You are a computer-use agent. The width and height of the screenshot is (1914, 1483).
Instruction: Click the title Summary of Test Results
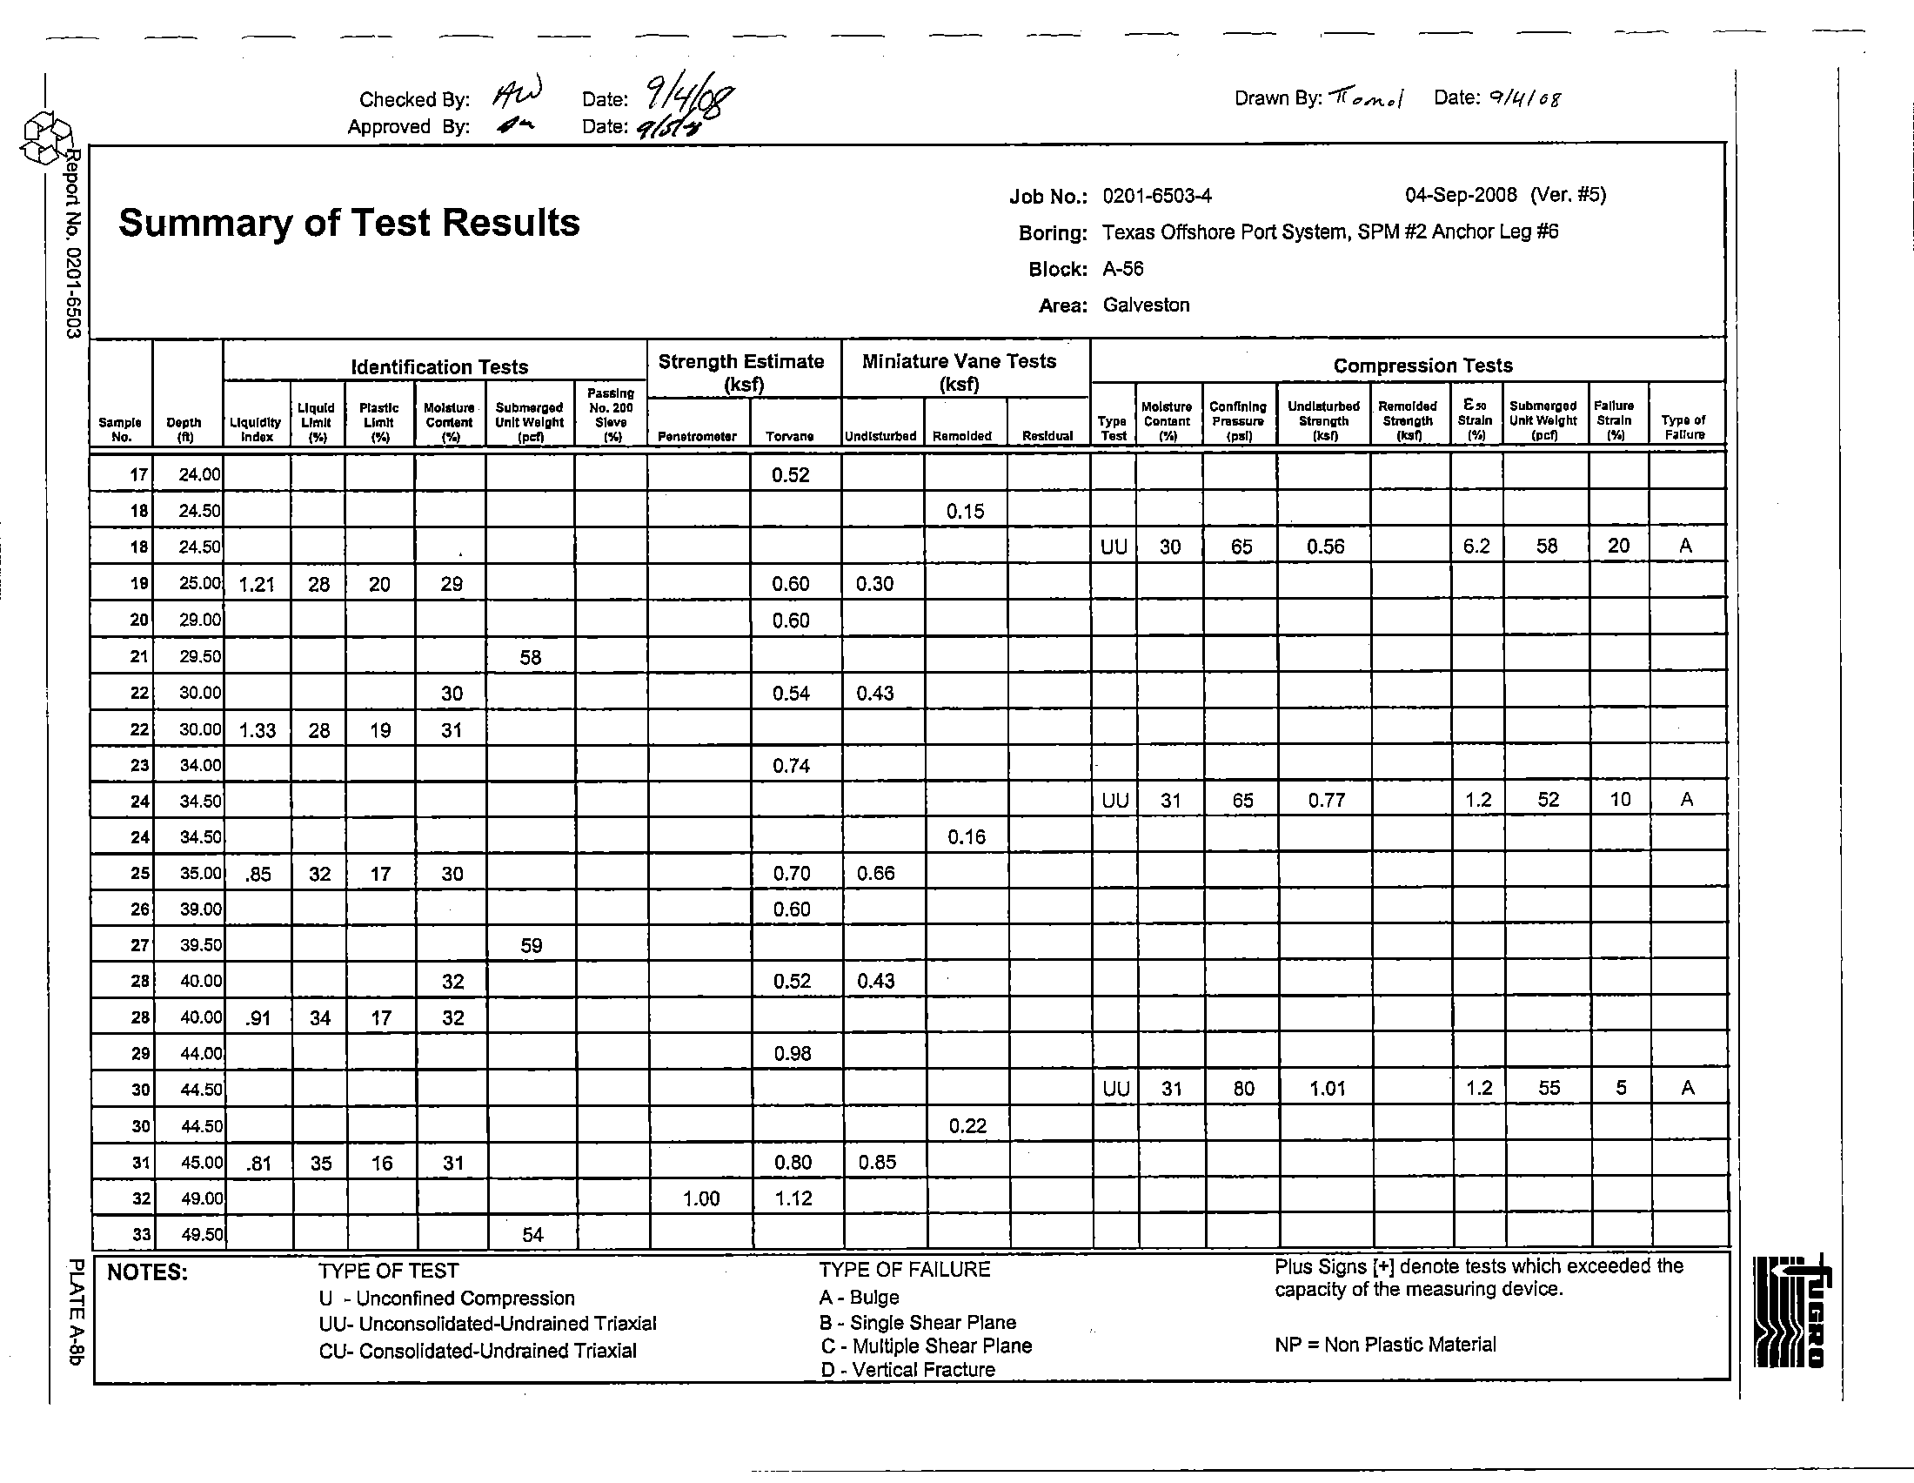[x=349, y=223]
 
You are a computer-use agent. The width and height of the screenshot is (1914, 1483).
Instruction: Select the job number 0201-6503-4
[x=1157, y=197]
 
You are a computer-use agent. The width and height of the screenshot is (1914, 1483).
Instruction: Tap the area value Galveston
[x=1146, y=305]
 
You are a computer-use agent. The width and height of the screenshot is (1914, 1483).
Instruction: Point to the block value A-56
[x=1122, y=269]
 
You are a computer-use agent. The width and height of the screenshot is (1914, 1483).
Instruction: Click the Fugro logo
[x=1790, y=1312]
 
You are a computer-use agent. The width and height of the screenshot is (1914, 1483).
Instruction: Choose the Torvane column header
[x=789, y=437]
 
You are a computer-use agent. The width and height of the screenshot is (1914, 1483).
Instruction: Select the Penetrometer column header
[x=697, y=437]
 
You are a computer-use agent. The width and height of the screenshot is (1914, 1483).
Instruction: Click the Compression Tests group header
[x=1422, y=366]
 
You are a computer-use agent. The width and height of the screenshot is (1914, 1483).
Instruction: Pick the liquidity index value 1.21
[x=257, y=585]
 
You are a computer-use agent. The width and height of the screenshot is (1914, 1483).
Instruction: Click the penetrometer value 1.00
[x=701, y=1199]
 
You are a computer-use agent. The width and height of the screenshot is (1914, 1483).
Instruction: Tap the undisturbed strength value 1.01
[x=1327, y=1090]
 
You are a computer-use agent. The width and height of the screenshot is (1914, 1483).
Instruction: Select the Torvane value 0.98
[x=793, y=1054]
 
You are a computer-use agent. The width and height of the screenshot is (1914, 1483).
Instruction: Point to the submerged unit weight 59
[x=531, y=946]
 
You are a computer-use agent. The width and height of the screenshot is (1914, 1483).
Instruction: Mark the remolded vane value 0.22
[x=967, y=1126]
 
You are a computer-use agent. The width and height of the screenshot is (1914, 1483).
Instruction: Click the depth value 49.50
[x=201, y=1235]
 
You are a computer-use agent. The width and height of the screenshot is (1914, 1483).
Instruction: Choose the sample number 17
[x=138, y=475]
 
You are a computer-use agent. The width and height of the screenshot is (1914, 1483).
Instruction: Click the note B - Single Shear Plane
[x=918, y=1323]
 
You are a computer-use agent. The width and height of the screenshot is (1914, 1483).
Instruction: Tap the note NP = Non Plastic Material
[x=1385, y=1345]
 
